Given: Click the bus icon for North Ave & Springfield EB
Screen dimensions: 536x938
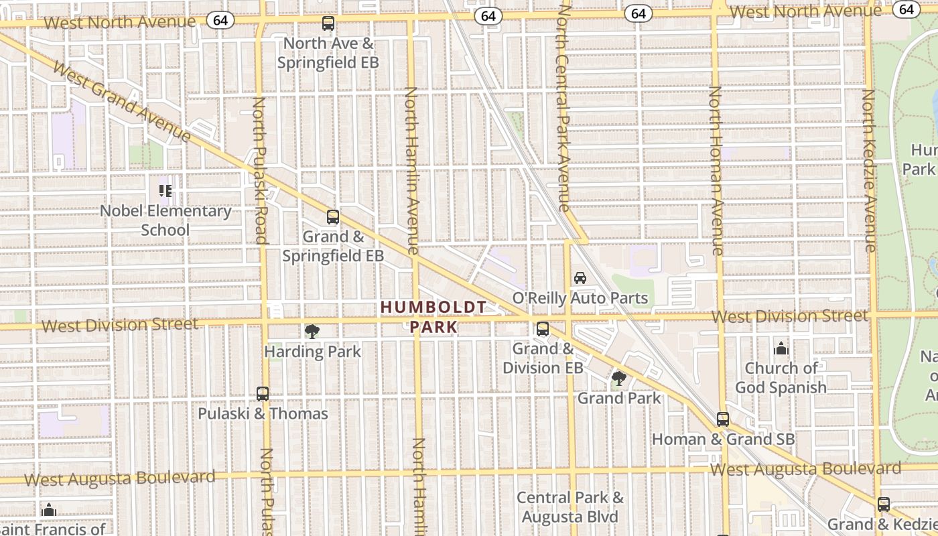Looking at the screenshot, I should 328,23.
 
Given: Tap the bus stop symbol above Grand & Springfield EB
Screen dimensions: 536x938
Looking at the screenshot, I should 333,217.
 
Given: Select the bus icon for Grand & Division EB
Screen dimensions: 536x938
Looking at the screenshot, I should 543,329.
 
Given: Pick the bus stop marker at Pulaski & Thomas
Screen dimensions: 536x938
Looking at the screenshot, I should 263,394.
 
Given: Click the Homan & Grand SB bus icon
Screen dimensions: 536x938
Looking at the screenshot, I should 722,419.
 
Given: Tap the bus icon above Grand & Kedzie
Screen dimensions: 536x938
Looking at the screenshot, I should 884,505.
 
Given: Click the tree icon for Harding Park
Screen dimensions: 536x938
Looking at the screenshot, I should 312,331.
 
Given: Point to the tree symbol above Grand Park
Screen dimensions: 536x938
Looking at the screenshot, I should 619,379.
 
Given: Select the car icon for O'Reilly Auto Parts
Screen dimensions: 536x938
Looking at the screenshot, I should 580,277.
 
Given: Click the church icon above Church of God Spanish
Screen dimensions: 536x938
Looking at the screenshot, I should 781,348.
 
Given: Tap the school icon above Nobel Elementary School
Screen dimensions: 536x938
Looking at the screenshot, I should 165,191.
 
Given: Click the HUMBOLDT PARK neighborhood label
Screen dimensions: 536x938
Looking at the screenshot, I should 433,317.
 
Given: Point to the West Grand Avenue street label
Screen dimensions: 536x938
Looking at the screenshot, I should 121,101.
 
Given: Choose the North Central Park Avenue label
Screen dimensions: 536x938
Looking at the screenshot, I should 562,107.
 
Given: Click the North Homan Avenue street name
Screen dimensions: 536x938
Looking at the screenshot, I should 716,171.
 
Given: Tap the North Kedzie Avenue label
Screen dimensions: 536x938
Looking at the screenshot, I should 869,171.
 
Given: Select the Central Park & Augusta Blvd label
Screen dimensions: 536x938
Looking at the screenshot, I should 570,507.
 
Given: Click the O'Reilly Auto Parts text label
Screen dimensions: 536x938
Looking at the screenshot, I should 580,297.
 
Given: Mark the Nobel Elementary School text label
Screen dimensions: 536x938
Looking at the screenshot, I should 165,220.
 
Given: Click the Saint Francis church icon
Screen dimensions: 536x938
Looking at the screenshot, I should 48,511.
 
